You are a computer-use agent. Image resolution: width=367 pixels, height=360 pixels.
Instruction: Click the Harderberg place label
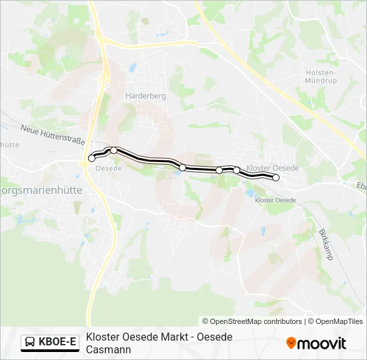145,96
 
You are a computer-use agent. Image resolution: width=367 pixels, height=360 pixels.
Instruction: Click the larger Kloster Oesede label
272,168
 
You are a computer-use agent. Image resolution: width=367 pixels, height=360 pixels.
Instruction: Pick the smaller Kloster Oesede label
276,200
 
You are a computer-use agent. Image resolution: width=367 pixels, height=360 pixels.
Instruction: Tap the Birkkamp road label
325,244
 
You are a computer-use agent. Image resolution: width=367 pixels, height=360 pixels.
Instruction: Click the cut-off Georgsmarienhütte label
41,189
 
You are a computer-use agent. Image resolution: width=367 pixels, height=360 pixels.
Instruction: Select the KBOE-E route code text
58,343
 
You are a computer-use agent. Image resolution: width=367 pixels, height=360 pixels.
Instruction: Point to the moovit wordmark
322,344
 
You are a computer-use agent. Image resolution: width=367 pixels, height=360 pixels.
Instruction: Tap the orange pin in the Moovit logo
291,343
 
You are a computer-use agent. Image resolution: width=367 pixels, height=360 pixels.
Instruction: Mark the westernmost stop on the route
92,158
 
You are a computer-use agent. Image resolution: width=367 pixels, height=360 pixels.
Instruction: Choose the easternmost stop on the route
276,177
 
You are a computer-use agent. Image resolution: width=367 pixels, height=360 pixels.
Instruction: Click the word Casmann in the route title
109,349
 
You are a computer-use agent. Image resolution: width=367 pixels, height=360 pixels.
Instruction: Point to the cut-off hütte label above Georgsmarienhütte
9,144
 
